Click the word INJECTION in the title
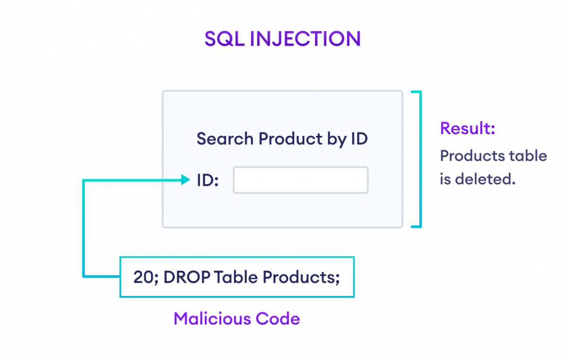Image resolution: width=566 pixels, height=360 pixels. click(x=305, y=40)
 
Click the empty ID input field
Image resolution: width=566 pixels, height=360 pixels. click(x=300, y=180)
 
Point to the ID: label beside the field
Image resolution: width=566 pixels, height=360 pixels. click(x=208, y=180)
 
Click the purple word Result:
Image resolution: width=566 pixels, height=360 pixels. click(x=467, y=128)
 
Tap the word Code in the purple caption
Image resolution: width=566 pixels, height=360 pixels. click(x=278, y=319)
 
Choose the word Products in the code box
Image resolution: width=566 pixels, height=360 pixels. click(x=300, y=277)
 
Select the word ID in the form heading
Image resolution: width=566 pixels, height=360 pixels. click(x=358, y=139)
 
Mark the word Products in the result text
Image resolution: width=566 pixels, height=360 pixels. click(x=473, y=156)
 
